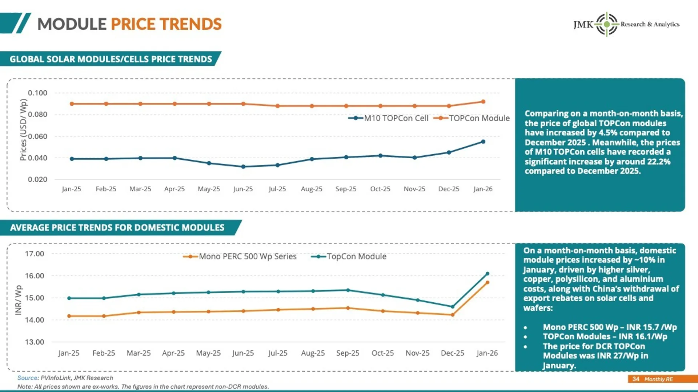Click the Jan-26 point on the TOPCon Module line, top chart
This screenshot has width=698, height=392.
(x=483, y=102)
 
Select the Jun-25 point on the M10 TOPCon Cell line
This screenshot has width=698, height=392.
(x=243, y=167)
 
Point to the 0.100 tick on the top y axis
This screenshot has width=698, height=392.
(x=37, y=93)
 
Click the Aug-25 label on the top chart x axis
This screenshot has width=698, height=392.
(x=312, y=189)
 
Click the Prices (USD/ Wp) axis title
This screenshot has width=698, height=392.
(x=23, y=130)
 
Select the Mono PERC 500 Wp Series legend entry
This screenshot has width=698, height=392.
(x=240, y=257)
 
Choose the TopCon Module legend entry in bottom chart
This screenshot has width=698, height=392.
(x=349, y=257)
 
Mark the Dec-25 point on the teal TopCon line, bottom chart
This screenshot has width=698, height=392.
(x=453, y=307)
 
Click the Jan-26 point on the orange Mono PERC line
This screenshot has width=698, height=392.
(x=488, y=282)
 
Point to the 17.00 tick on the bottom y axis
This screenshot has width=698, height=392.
(x=35, y=254)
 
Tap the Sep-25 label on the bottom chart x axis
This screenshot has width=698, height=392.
(x=348, y=353)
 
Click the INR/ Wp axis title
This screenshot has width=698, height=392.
(x=19, y=300)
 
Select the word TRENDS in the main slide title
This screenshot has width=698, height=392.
(x=191, y=24)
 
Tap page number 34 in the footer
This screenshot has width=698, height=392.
(x=635, y=379)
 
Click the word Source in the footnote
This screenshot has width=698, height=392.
(x=28, y=378)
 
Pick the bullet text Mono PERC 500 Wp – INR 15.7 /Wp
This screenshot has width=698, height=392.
(x=610, y=327)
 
